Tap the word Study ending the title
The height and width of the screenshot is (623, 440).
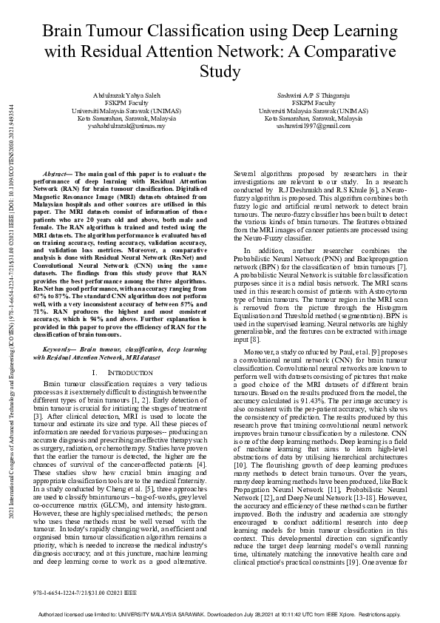(x=220, y=72)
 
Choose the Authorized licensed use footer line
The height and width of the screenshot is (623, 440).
(x=220, y=613)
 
